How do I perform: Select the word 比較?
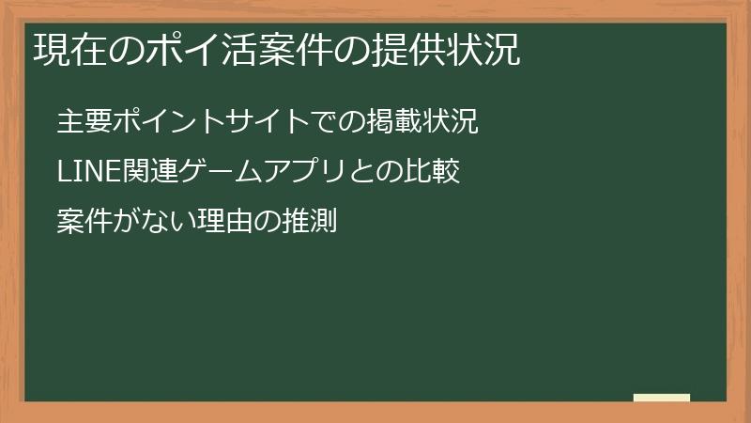[x=436, y=172]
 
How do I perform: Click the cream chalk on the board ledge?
[x=662, y=398]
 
